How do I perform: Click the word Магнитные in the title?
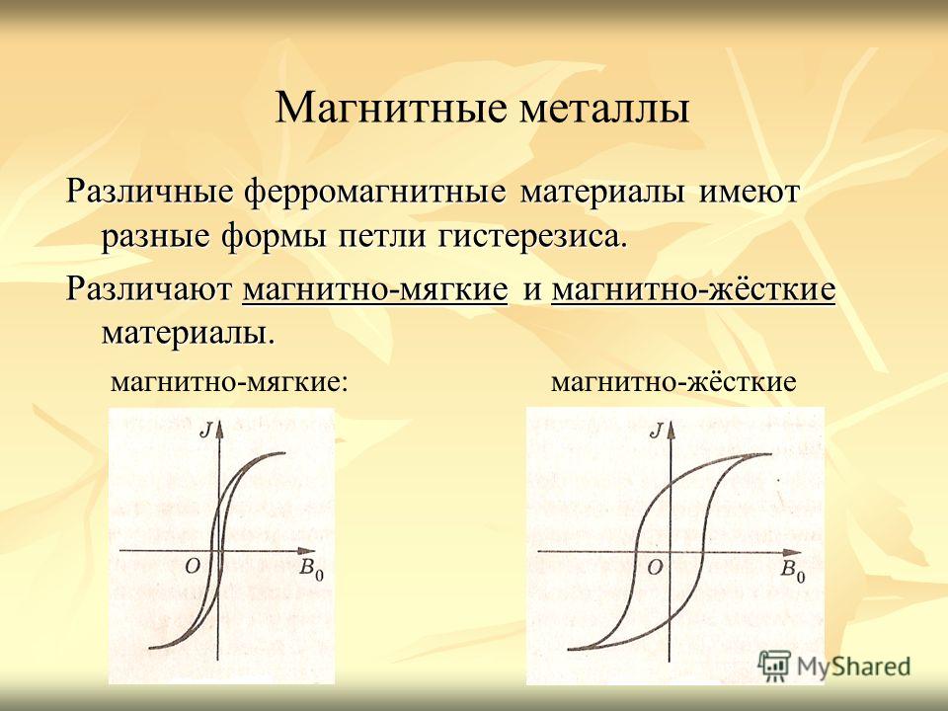tap(391, 108)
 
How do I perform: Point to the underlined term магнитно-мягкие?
tap(375, 289)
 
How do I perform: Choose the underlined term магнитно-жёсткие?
tap(693, 289)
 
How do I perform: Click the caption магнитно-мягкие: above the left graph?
tap(229, 382)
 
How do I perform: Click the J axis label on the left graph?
tap(206, 430)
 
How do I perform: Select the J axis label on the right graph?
tap(656, 431)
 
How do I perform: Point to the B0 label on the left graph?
tap(312, 570)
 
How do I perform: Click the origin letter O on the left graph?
tap(193, 567)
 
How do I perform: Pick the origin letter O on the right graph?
tap(655, 567)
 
